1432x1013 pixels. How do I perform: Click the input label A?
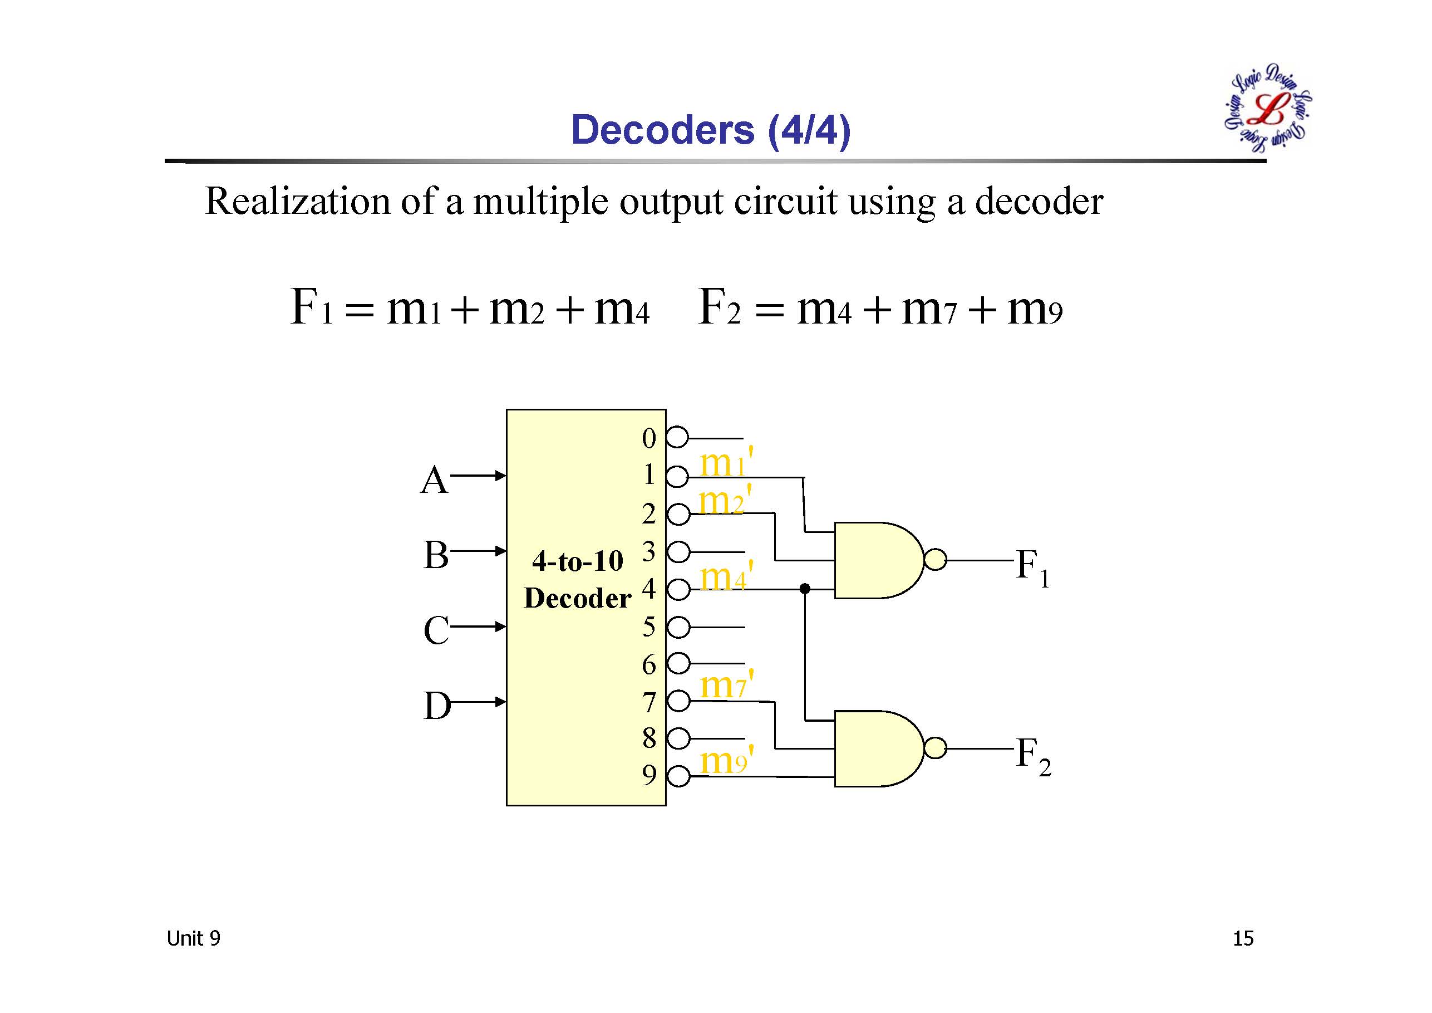click(x=434, y=481)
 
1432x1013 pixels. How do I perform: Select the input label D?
click(x=436, y=706)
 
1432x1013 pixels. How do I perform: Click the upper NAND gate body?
click(x=877, y=560)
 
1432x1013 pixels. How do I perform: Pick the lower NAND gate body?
click(x=877, y=748)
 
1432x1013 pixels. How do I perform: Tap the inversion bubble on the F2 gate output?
click(x=935, y=748)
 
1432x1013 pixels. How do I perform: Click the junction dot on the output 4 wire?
click(x=805, y=589)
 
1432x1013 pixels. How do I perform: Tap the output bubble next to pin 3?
click(x=678, y=552)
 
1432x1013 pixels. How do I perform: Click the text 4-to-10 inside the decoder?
click(x=578, y=561)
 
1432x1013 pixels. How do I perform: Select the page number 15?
click(x=1243, y=938)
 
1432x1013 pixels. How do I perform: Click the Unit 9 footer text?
click(x=193, y=938)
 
